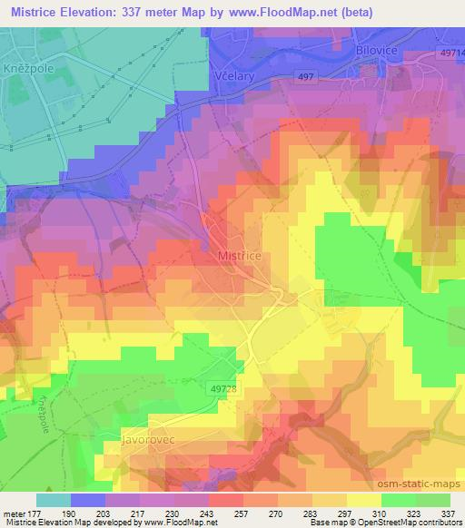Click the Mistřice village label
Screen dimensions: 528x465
coord(241,257)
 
